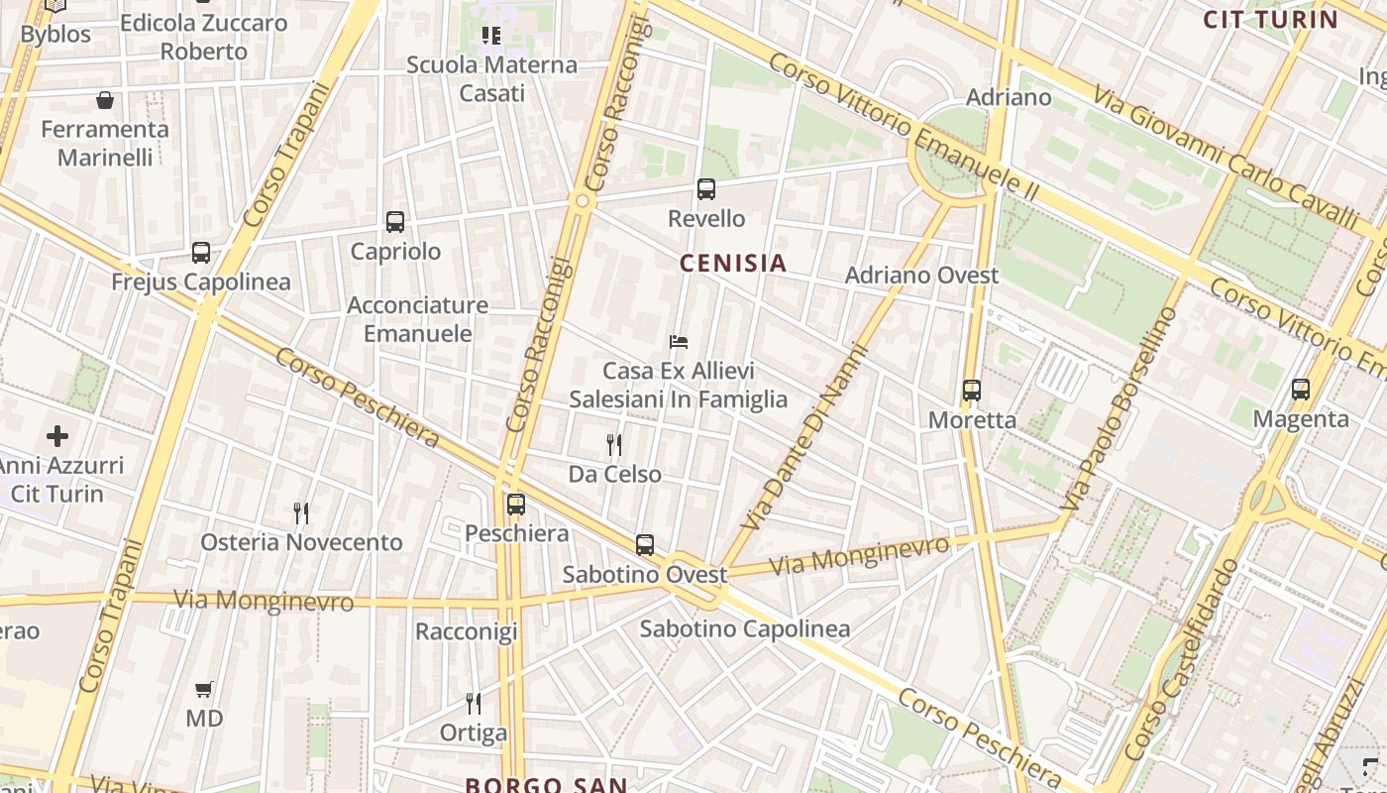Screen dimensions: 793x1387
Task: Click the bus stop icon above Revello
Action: [x=706, y=188]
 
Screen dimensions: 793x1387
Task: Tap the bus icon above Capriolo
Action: [x=395, y=222]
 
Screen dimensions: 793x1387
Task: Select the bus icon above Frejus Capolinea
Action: [x=201, y=253]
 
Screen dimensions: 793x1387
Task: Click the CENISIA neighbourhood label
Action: [x=733, y=263]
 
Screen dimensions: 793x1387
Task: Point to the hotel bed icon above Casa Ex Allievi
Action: [x=679, y=342]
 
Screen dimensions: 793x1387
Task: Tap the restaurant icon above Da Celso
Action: [x=614, y=444]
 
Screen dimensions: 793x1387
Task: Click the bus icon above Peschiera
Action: [x=516, y=505]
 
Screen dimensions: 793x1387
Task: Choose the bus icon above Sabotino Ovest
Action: [x=645, y=544]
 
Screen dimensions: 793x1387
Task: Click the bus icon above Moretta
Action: [x=972, y=391]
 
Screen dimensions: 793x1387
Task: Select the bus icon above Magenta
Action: [x=1301, y=390]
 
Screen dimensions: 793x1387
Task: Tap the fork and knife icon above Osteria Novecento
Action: [x=301, y=512]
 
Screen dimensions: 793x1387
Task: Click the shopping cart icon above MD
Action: [x=204, y=689]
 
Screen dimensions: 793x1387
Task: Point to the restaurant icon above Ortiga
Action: [x=474, y=704]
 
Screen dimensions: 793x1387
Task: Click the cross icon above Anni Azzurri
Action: [x=57, y=435]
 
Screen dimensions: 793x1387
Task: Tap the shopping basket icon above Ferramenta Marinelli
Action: [x=105, y=100]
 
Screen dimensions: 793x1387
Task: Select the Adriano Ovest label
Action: [x=921, y=275]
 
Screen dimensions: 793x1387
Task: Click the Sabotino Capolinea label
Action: [x=745, y=628]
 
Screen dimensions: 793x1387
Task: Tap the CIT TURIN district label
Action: [x=1270, y=19]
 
